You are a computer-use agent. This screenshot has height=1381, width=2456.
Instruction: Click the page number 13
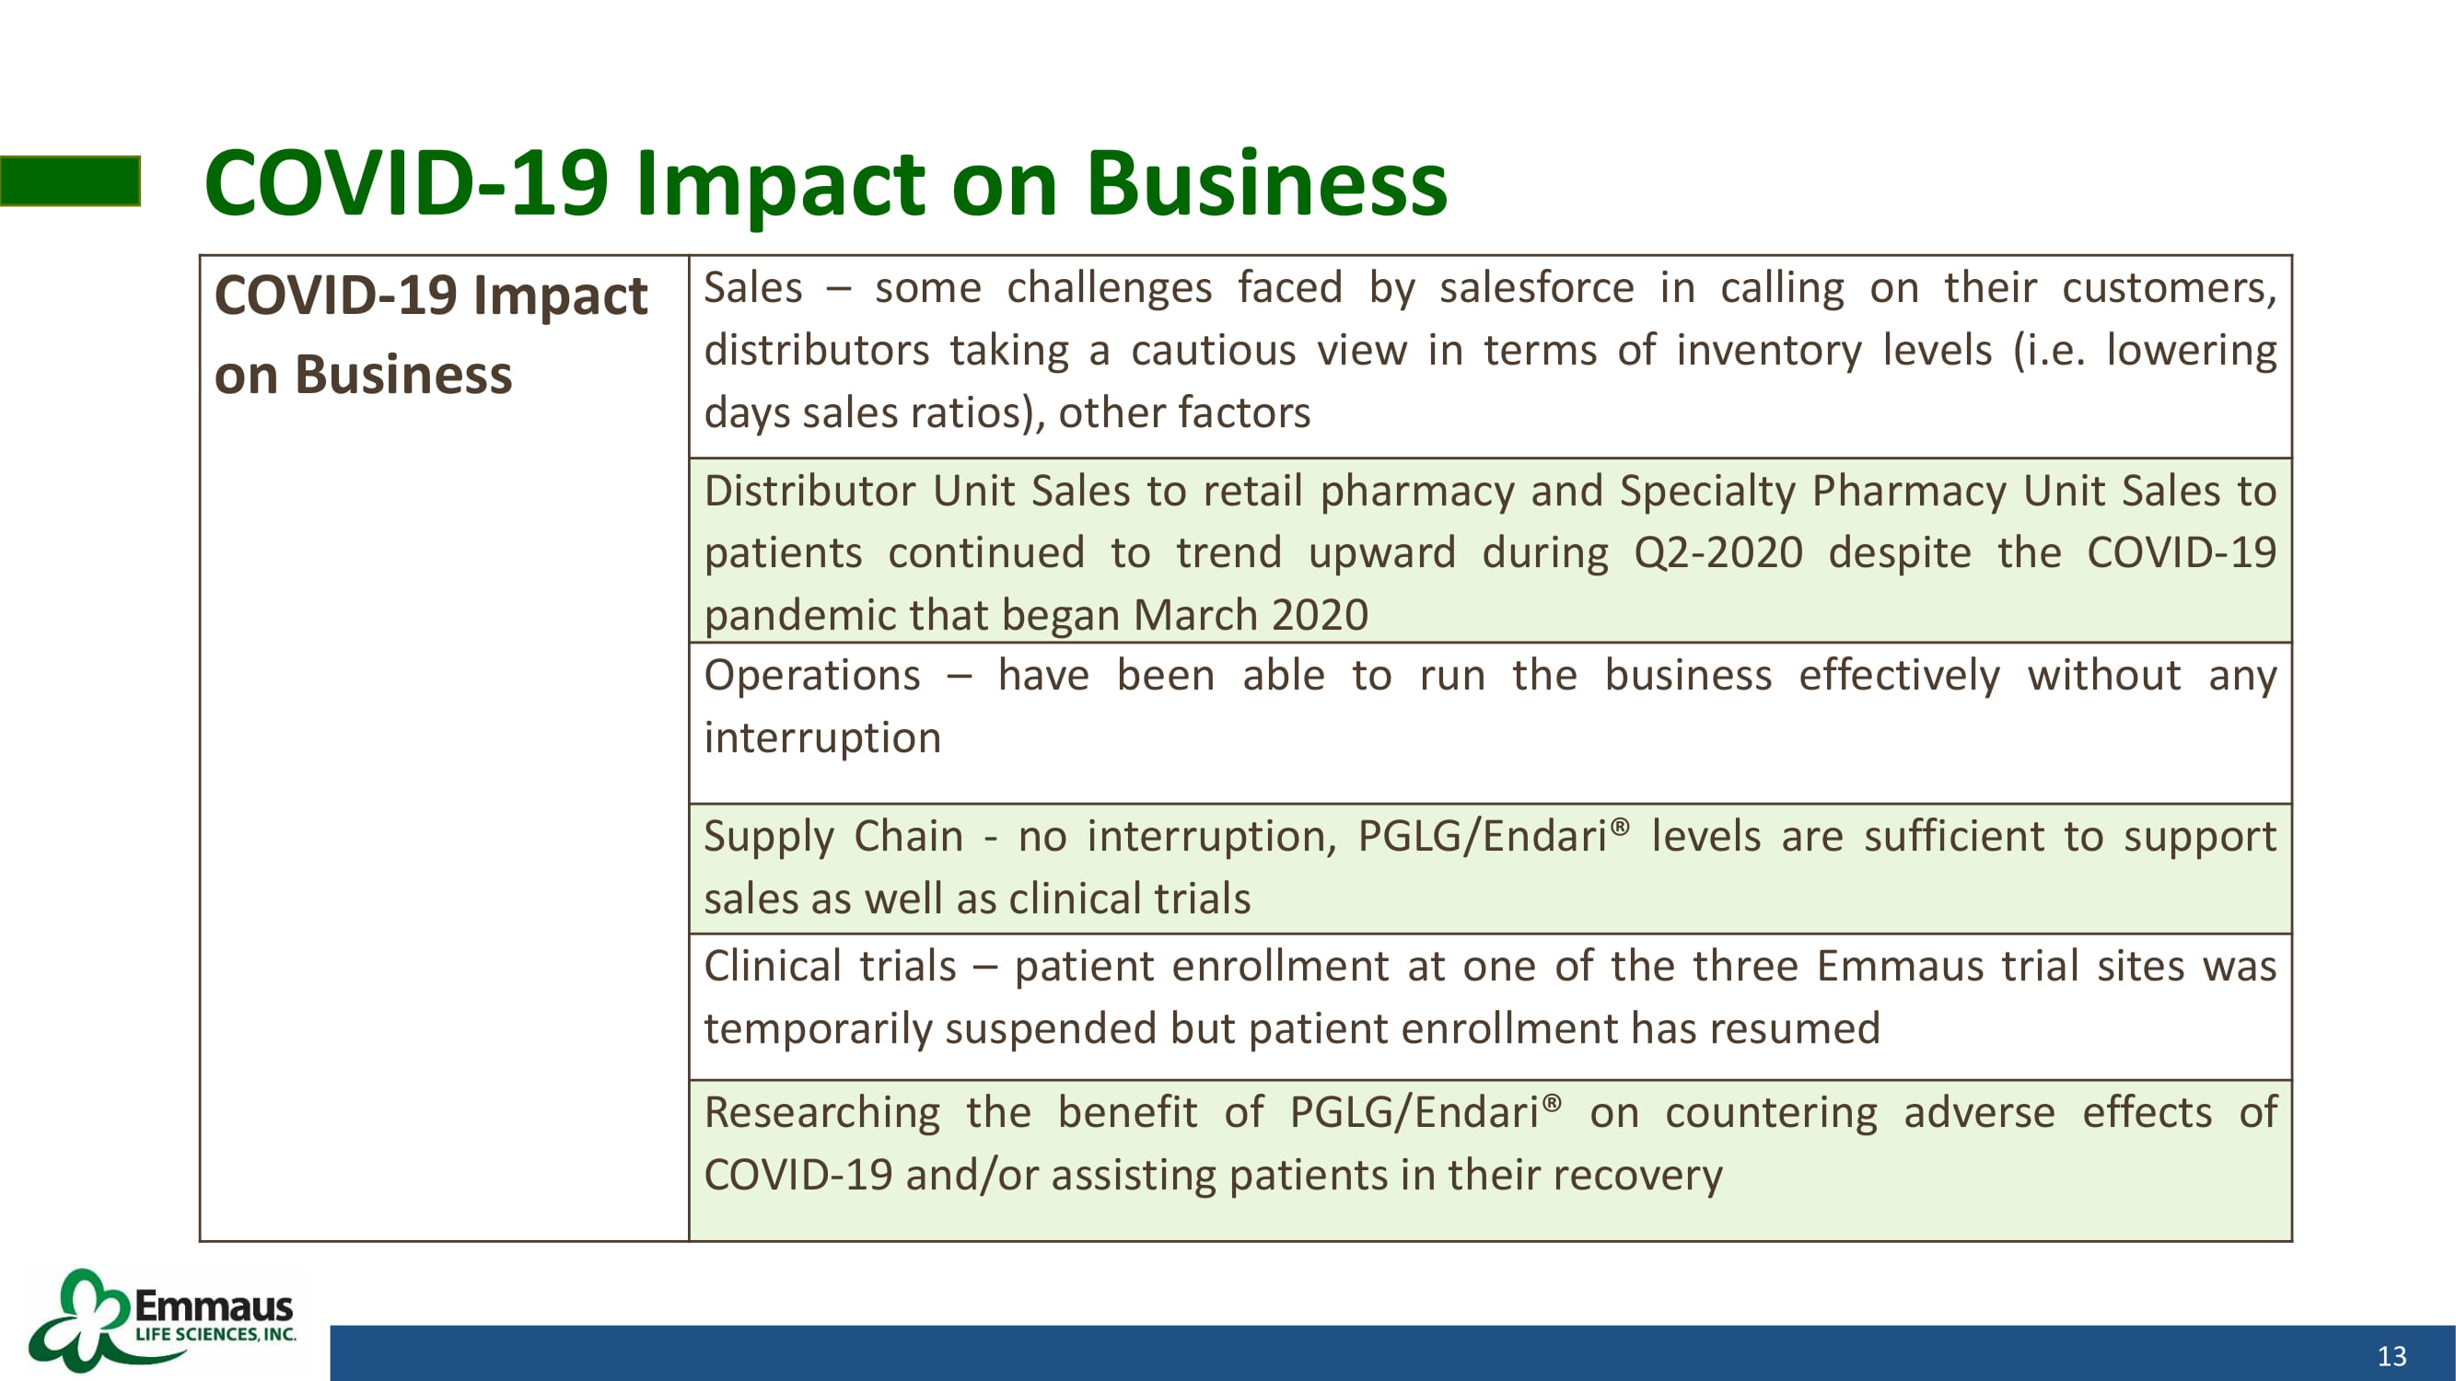(2392, 1356)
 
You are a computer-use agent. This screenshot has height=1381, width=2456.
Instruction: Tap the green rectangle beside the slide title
(71, 181)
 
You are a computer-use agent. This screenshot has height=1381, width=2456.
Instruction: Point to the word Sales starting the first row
(753, 288)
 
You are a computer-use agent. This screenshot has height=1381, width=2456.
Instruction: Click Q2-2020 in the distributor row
(1718, 552)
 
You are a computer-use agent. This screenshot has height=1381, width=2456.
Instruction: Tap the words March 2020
(1251, 615)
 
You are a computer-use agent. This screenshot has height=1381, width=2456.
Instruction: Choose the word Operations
(812, 677)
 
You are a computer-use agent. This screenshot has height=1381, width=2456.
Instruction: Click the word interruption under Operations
(822, 738)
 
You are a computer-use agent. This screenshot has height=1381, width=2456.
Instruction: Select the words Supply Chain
(834, 837)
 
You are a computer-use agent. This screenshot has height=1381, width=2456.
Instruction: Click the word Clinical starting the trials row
(771, 967)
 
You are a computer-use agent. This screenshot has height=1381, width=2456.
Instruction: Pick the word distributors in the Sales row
(817, 351)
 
